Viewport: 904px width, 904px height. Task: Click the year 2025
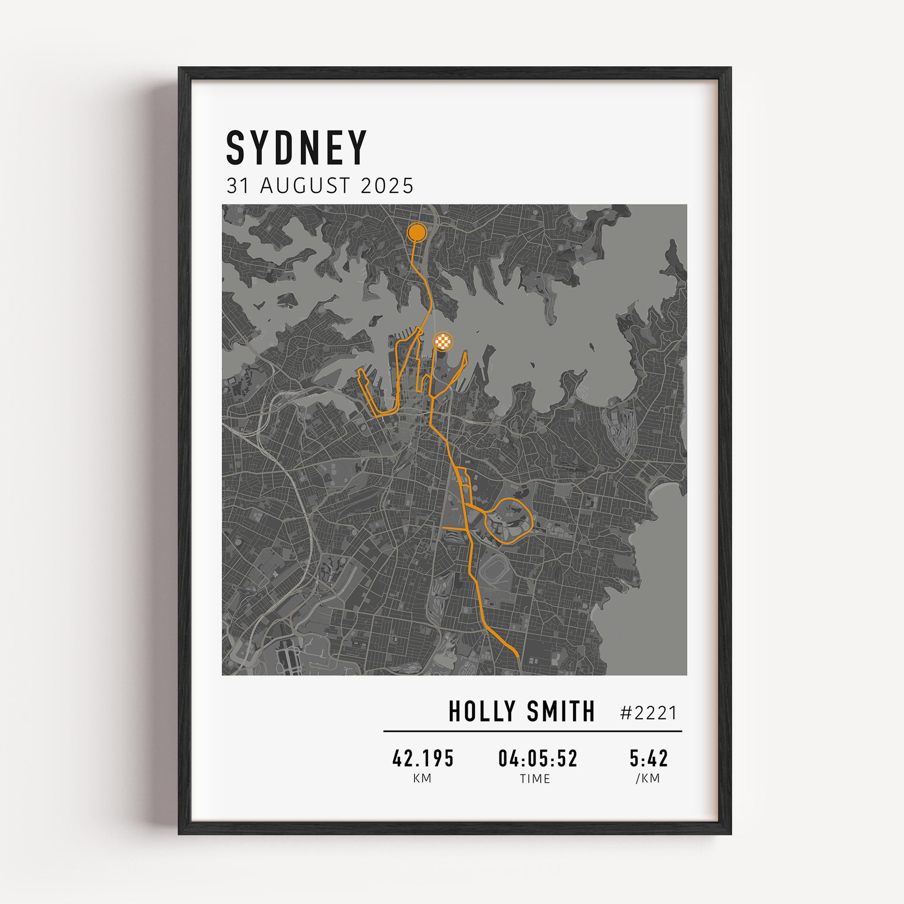[x=387, y=186]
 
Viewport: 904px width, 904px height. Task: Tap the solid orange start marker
[x=416, y=232]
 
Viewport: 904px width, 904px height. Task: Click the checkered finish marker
[x=443, y=342]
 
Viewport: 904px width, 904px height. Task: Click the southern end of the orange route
[x=518, y=656]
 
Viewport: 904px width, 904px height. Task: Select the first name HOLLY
[x=482, y=712]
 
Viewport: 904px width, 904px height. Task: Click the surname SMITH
[x=560, y=712]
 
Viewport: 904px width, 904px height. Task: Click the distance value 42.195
[x=423, y=758]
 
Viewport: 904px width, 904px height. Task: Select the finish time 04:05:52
[x=537, y=758]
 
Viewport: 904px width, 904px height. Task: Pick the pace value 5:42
[x=649, y=758]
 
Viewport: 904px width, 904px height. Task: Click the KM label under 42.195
[x=422, y=778]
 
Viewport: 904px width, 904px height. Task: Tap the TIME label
[x=535, y=779]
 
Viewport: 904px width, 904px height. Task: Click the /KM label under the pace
[x=648, y=778]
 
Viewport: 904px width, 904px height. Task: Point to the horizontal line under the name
[x=532, y=731]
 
